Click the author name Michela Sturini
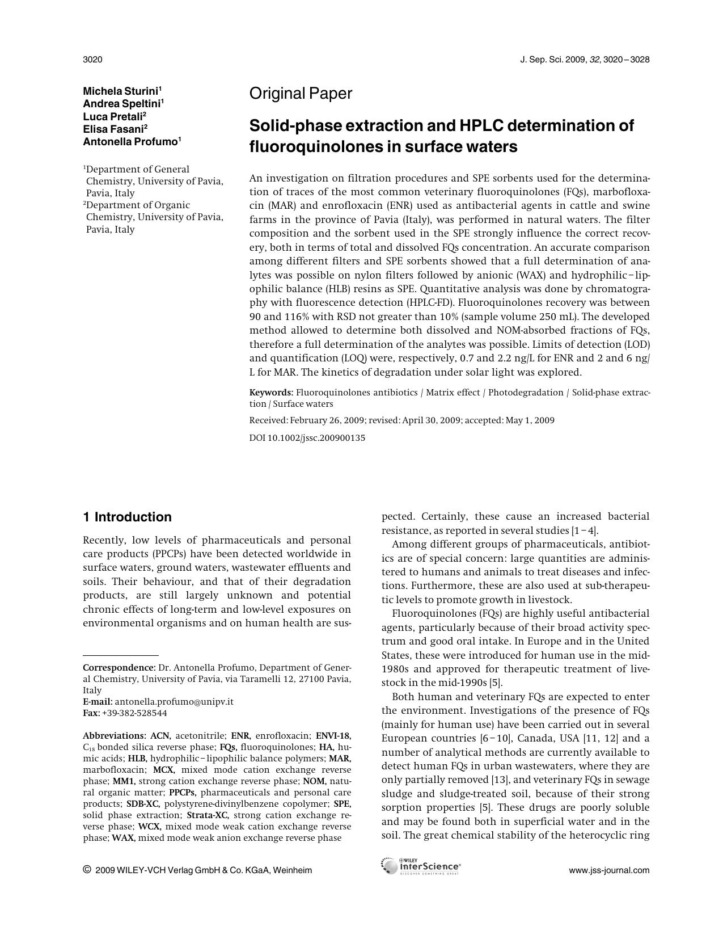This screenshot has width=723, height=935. (122, 91)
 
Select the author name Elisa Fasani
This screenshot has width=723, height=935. (115, 129)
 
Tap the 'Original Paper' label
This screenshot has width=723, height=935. (301, 94)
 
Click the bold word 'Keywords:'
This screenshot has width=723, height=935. (271, 393)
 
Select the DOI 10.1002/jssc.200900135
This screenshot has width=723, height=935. (307, 438)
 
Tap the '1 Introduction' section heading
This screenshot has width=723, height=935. (127, 517)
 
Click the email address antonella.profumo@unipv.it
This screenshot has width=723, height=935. (174, 701)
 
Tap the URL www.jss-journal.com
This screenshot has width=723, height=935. (609, 870)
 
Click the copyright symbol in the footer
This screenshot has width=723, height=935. (87, 870)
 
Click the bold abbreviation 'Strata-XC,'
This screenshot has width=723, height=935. (208, 815)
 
